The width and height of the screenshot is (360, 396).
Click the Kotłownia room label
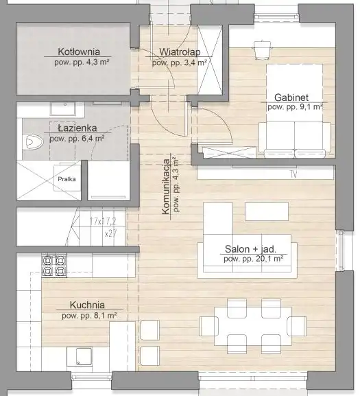pos(79,51)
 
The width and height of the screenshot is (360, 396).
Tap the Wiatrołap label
pos(180,52)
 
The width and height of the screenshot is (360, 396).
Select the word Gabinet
pos(291,97)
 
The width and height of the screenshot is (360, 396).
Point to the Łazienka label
pos(77,128)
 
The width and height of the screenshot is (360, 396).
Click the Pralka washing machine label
pos(67,179)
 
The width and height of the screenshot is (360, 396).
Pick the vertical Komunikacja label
pos(166,187)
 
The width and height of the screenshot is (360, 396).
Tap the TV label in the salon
pos(293,174)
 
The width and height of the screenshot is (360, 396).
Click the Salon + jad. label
pos(250,249)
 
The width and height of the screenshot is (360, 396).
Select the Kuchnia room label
pos(87,305)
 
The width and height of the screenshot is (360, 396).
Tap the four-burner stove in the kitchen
pos(54,266)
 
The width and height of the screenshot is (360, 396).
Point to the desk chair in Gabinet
pos(263,49)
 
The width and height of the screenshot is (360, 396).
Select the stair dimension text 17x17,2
pos(103,222)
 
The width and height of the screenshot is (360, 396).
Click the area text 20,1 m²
pos(267,259)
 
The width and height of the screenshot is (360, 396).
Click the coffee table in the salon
pos(267,211)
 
